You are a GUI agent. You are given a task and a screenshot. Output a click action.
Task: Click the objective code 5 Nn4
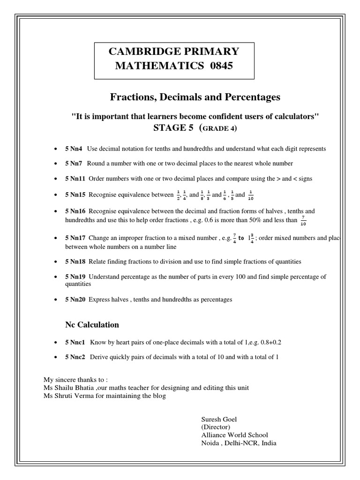pyautogui.click(x=74, y=149)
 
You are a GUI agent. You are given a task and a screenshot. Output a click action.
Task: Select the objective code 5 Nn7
pyautogui.click(x=74, y=163)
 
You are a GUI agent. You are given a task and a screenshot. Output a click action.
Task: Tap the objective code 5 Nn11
pyautogui.click(x=75, y=178)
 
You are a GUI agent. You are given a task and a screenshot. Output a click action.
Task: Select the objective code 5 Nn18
pyautogui.click(x=75, y=261)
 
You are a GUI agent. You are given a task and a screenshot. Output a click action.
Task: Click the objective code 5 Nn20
pyautogui.click(x=75, y=299)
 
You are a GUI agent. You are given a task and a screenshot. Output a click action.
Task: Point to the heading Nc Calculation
pyautogui.click(x=92, y=324)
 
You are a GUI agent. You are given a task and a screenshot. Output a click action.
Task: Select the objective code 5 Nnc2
pyautogui.click(x=76, y=357)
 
